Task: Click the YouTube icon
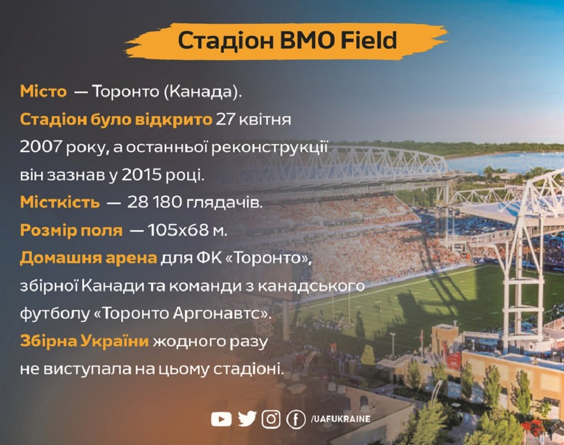(221, 419)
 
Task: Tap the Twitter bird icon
(247, 418)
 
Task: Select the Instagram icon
(271, 419)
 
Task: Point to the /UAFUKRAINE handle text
(340, 419)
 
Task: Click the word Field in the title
(369, 40)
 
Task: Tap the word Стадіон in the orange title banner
(226, 40)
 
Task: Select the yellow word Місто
(43, 91)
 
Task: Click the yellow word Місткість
(60, 202)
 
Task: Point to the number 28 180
(155, 202)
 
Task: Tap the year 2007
(40, 147)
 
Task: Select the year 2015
(142, 174)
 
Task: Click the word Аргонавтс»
(221, 314)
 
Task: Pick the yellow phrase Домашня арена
(89, 258)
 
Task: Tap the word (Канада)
(203, 92)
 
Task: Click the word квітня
(265, 119)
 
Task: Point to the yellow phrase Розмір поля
(71, 230)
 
